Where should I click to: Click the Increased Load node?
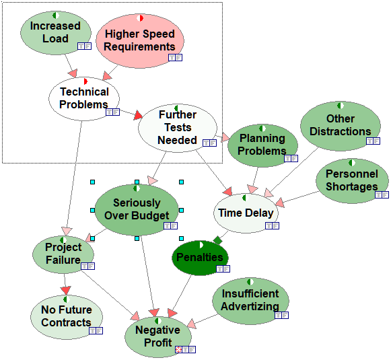pyautogui.click(x=56, y=33)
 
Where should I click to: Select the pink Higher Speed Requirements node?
pyautogui.click(x=140, y=41)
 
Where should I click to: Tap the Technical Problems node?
pyautogui.click(x=84, y=99)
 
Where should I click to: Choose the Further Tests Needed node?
pyautogui.click(x=178, y=128)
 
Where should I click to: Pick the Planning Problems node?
pyautogui.click(x=262, y=145)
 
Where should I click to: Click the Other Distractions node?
pyautogui.click(x=341, y=126)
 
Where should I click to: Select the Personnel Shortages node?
pyautogui.click(x=352, y=181)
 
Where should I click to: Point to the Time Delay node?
pyautogui.click(x=246, y=213)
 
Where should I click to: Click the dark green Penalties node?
pyautogui.click(x=200, y=258)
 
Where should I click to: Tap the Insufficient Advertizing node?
pyautogui.click(x=250, y=301)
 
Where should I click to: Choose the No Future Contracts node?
pyautogui.click(x=67, y=317)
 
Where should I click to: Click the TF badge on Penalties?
pyautogui.click(x=223, y=268)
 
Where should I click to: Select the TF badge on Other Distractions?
pyautogui.click(x=373, y=141)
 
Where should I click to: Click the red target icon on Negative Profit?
pyautogui.click(x=178, y=349)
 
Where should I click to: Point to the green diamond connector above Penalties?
pyautogui.click(x=217, y=240)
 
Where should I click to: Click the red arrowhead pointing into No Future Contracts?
pyautogui.click(x=66, y=291)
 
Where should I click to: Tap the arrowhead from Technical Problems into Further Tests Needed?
pyautogui.click(x=138, y=115)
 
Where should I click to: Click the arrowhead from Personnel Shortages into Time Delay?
pyautogui.click(x=280, y=203)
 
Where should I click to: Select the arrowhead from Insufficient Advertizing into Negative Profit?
pyautogui.click(x=192, y=324)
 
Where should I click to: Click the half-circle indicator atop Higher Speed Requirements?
pyautogui.click(x=140, y=18)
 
